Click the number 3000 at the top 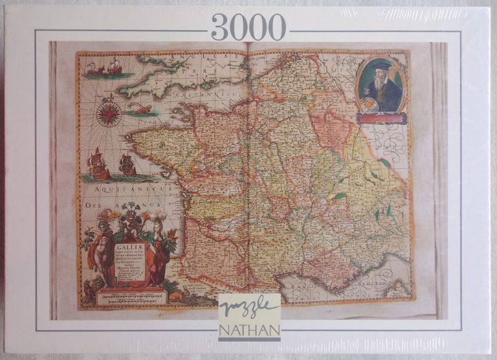click(248, 27)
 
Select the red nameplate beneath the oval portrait click(382, 118)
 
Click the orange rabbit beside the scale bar click(174, 295)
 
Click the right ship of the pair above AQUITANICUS click(127, 165)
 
